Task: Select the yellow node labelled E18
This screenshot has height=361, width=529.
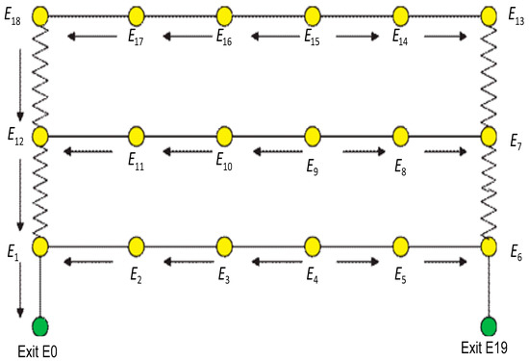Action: coord(40,15)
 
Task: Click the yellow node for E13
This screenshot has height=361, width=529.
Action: coord(489,15)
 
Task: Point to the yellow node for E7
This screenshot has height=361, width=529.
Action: coord(489,136)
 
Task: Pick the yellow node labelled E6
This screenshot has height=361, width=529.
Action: coord(489,246)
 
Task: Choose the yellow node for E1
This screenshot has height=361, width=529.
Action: coord(40,246)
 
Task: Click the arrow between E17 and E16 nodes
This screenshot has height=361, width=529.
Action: coord(183,38)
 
